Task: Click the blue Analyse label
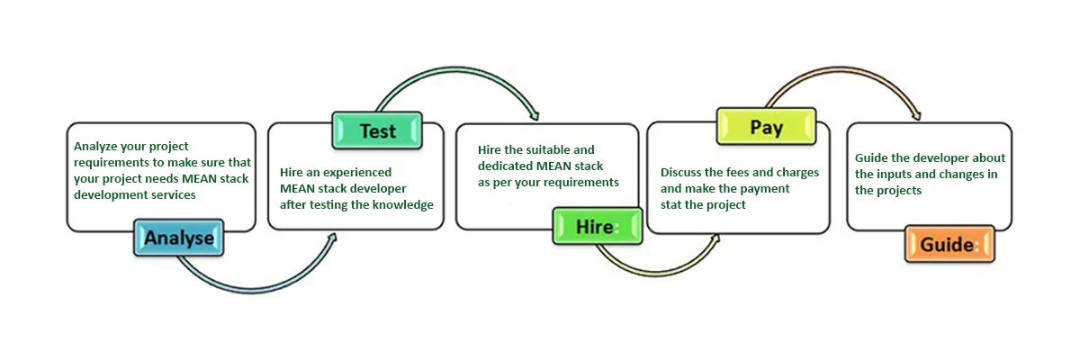coord(179,238)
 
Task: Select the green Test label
coord(377,131)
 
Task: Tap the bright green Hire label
coord(597,227)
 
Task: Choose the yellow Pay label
coord(766,128)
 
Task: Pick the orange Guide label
coord(948,244)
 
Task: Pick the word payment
coord(761,188)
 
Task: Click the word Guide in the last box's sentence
coord(871,157)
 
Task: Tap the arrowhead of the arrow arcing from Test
coord(535,114)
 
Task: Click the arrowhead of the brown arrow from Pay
coord(916,114)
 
